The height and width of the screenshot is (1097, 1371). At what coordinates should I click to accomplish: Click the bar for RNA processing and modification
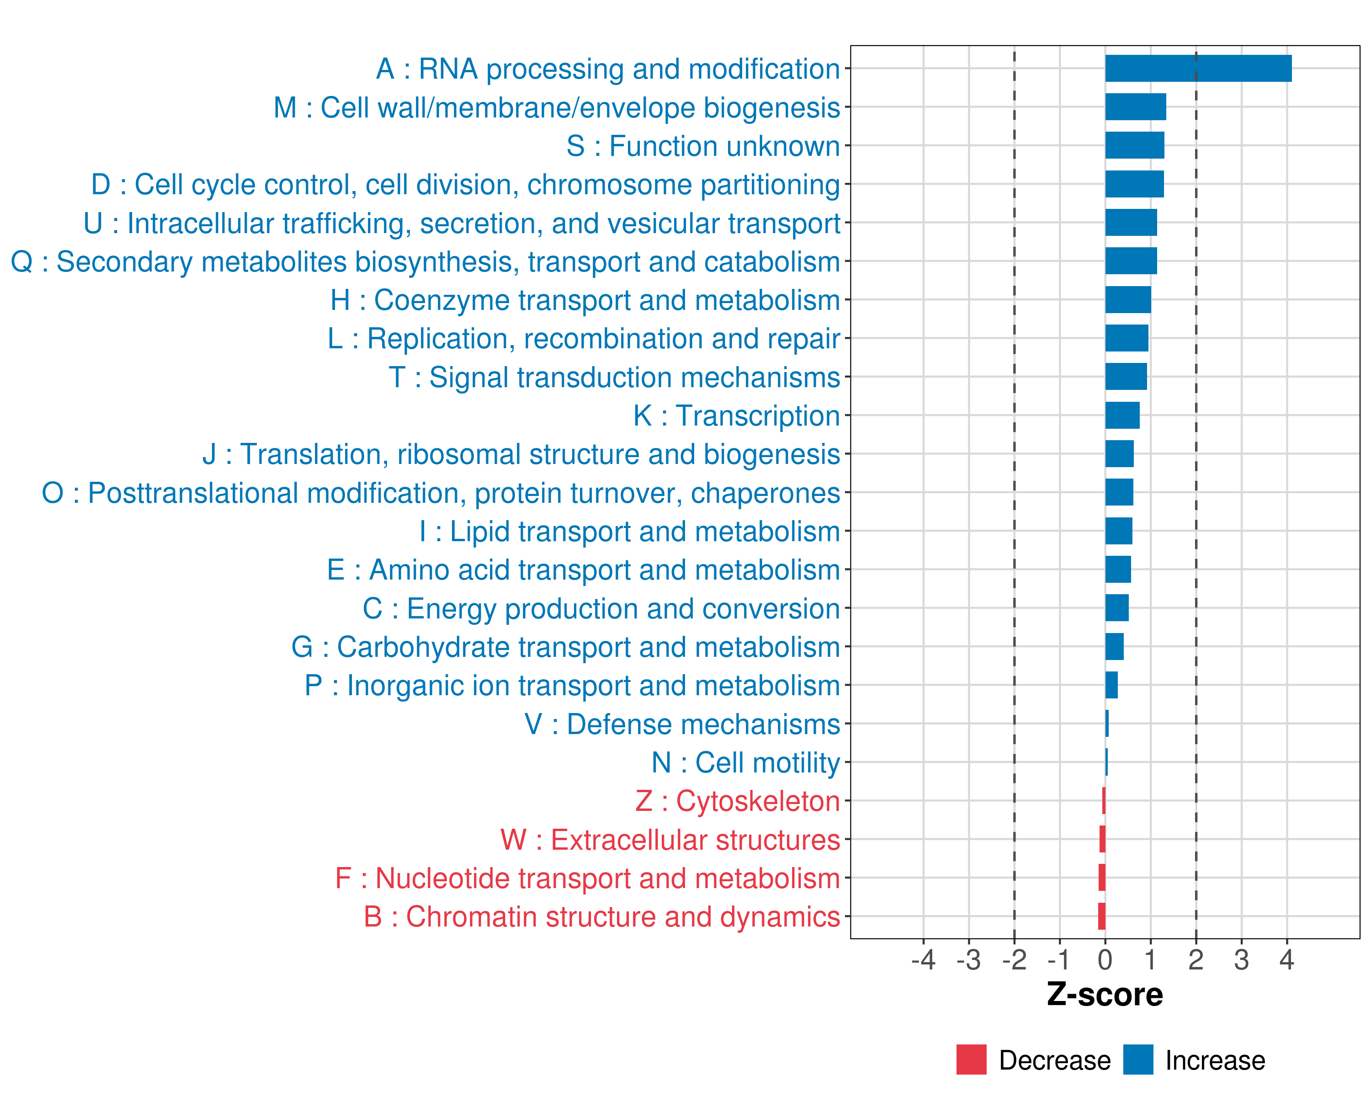tap(1198, 69)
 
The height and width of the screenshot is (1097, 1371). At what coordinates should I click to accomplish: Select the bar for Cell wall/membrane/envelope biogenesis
tap(1135, 107)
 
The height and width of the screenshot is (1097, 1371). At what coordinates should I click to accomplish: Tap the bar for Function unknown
tap(1134, 146)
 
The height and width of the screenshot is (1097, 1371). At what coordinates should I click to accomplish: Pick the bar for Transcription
tap(1122, 415)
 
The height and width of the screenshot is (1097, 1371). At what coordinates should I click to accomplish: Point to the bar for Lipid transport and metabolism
tap(1119, 531)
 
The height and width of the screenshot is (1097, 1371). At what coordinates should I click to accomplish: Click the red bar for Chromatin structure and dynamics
tap(1101, 916)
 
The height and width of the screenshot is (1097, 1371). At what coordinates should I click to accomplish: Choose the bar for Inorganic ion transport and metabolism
tap(1111, 685)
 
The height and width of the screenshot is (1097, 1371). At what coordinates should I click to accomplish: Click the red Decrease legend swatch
tap(971, 1060)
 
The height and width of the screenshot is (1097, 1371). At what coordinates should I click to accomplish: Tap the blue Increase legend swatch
tap(1137, 1060)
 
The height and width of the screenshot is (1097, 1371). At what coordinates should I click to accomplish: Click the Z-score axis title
tap(1105, 995)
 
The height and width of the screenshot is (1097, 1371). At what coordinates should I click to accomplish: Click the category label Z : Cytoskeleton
tap(738, 801)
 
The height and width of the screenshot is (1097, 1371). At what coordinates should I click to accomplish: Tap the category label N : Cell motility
tap(745, 762)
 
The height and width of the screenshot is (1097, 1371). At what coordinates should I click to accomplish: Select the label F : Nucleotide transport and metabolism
tap(588, 878)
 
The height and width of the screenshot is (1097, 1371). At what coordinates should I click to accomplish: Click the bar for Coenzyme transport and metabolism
tap(1127, 299)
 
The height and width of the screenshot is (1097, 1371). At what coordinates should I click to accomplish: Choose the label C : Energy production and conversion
tap(601, 608)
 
